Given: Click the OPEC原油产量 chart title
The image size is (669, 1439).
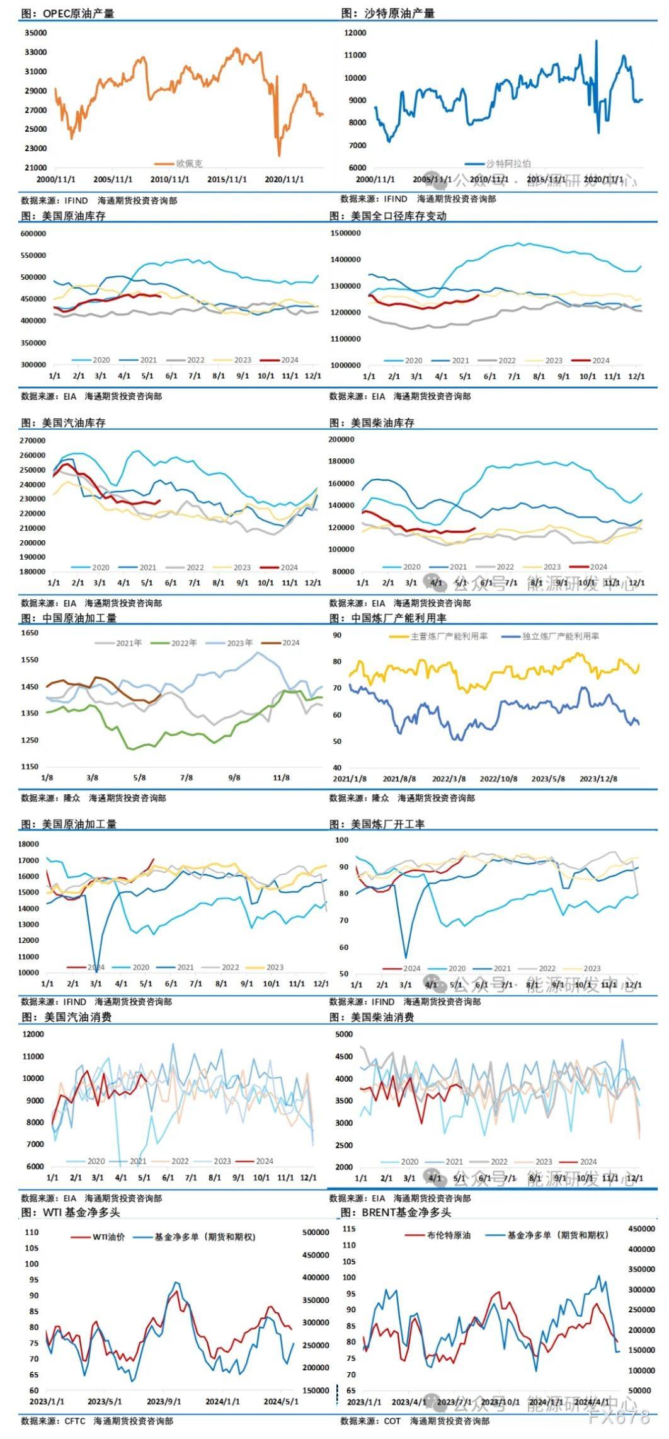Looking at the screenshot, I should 78,13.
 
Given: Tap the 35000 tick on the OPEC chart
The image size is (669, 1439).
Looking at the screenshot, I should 35,33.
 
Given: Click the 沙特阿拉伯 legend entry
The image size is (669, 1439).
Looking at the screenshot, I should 508,163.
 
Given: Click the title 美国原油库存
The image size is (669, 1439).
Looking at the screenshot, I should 74,216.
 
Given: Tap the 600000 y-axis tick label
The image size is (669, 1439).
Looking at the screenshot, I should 33,234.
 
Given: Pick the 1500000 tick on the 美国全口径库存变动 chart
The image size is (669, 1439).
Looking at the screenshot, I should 346,233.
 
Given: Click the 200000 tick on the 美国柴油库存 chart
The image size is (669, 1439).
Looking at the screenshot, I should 343,439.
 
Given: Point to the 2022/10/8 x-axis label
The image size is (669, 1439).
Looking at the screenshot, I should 498,778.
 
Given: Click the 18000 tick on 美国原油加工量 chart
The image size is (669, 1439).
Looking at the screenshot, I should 29,844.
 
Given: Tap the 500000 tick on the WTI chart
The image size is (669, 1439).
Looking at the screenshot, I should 316,1232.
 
